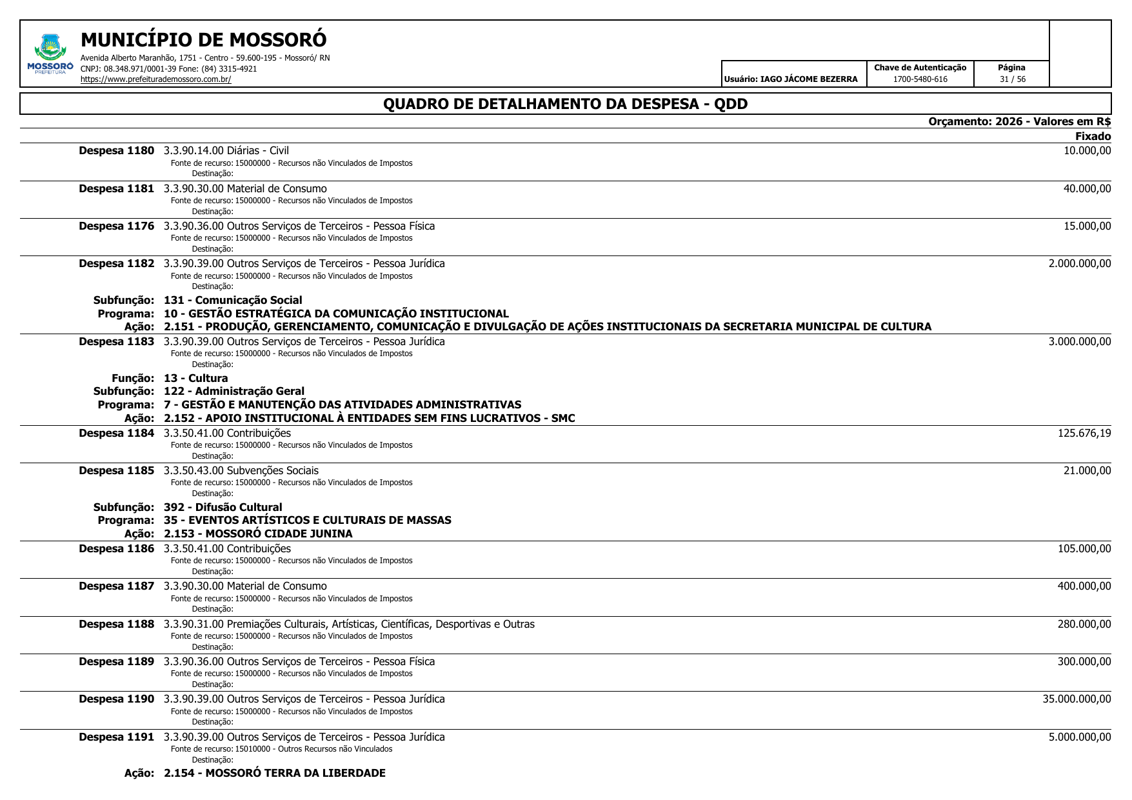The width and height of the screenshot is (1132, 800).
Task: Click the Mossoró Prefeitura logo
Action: point(50,54)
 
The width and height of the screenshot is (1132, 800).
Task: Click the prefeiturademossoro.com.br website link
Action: point(155,80)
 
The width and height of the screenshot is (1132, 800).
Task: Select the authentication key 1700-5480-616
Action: point(920,79)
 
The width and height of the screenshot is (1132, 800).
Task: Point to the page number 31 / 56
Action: point(1012,79)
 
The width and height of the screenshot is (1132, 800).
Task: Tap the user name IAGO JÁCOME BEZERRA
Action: point(791,79)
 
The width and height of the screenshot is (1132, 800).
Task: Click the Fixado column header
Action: point(1093,136)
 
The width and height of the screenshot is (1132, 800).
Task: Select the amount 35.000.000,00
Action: point(1077,699)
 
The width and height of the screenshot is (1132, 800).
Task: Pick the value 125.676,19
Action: point(1084,433)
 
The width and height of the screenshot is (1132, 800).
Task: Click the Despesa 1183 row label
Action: point(117,341)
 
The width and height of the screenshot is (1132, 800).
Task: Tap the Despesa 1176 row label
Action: point(117,226)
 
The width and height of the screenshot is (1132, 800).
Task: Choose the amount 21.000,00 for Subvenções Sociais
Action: point(1087,470)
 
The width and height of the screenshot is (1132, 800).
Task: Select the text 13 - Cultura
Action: point(195,378)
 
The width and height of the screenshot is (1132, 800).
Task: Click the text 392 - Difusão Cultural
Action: point(223,507)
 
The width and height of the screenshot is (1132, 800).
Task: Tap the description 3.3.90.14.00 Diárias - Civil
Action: point(226,151)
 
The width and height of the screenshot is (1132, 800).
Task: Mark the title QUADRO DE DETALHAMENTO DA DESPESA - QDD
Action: point(565,104)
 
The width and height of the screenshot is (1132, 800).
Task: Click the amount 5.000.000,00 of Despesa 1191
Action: point(1080,737)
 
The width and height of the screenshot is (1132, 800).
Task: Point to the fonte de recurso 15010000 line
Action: point(281,749)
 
